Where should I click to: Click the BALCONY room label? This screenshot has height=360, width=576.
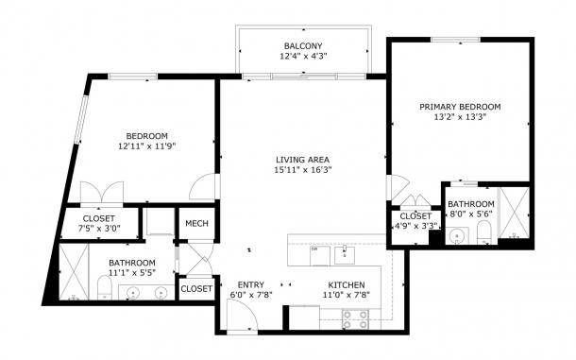point(303,46)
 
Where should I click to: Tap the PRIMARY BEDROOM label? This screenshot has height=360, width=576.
point(460,107)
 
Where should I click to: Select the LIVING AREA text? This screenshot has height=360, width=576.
point(303,160)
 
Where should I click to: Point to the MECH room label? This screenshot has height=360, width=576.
point(196,224)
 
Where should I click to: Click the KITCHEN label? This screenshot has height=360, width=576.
point(347,285)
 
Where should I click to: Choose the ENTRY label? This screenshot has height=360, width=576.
point(251,285)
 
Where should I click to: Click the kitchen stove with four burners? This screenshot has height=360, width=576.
point(355,319)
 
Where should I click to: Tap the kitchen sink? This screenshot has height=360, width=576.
point(345,255)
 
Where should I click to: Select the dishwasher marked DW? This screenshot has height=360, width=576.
point(320,256)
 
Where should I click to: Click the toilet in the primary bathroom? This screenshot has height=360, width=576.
point(483,232)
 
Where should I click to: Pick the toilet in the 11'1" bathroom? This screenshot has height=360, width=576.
point(105,288)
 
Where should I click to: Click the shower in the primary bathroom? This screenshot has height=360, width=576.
point(515,213)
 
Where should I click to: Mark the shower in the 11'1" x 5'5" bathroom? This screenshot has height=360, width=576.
point(75,272)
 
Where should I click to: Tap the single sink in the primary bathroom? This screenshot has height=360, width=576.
point(457,235)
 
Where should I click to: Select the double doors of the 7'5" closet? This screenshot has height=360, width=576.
point(102,193)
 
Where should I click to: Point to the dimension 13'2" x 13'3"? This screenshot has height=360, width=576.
point(460,117)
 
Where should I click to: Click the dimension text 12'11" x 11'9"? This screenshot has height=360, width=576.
point(147,146)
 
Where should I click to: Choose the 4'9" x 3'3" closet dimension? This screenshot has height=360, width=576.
point(415,226)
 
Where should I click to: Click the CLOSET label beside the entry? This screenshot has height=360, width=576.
point(196,289)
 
